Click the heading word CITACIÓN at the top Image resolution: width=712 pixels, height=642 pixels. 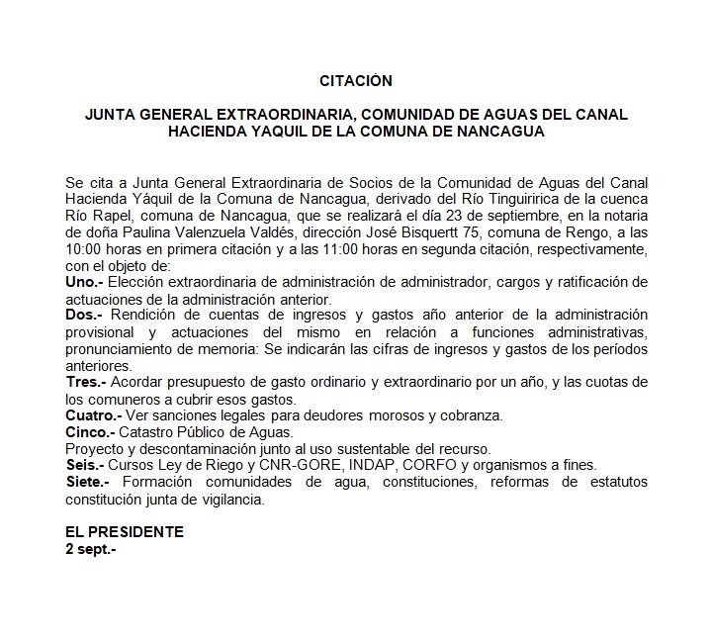point(356,80)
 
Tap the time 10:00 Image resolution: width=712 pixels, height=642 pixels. point(84,249)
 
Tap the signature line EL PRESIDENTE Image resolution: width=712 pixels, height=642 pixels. point(124,531)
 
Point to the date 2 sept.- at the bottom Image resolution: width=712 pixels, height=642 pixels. point(90,547)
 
